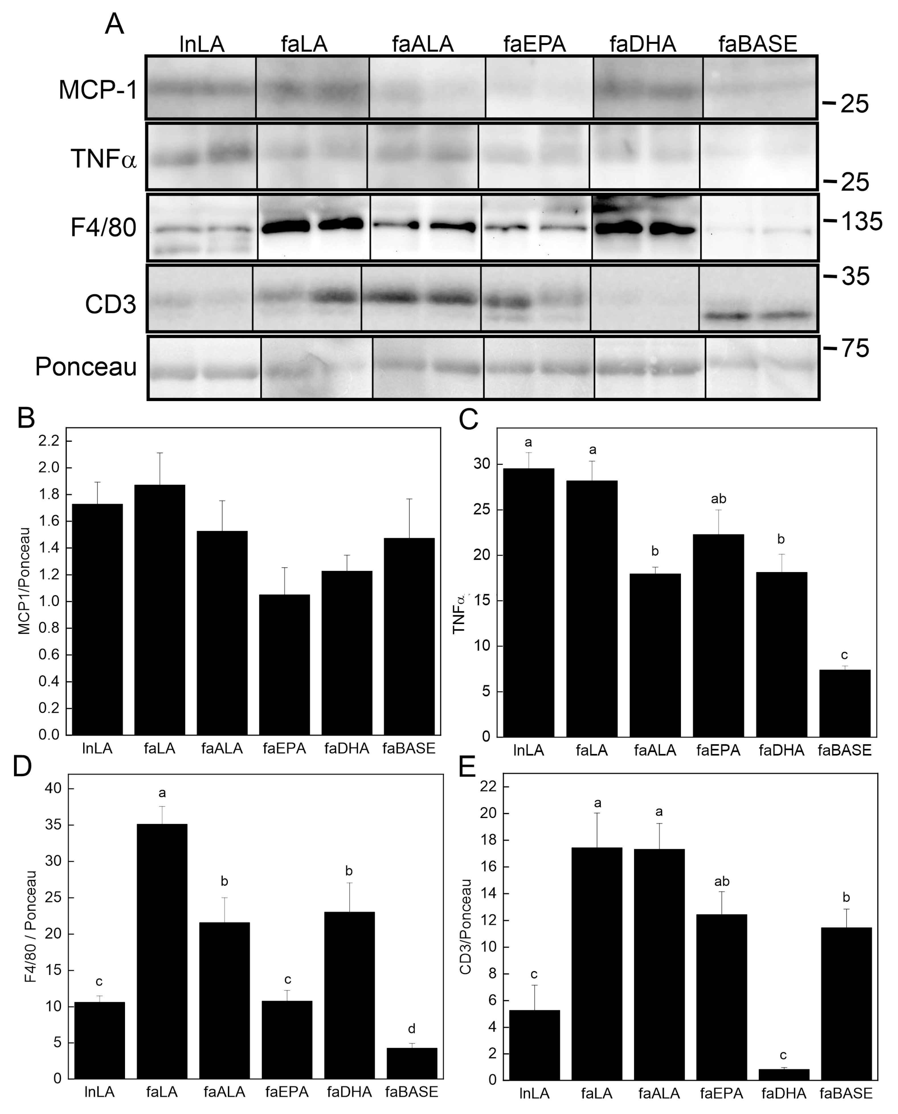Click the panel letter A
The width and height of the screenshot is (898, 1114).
(114, 24)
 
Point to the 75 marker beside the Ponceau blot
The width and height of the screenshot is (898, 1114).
(854, 348)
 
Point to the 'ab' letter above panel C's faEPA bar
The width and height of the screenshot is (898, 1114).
(719, 499)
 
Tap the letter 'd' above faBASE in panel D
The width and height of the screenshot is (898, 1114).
(412, 1029)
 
